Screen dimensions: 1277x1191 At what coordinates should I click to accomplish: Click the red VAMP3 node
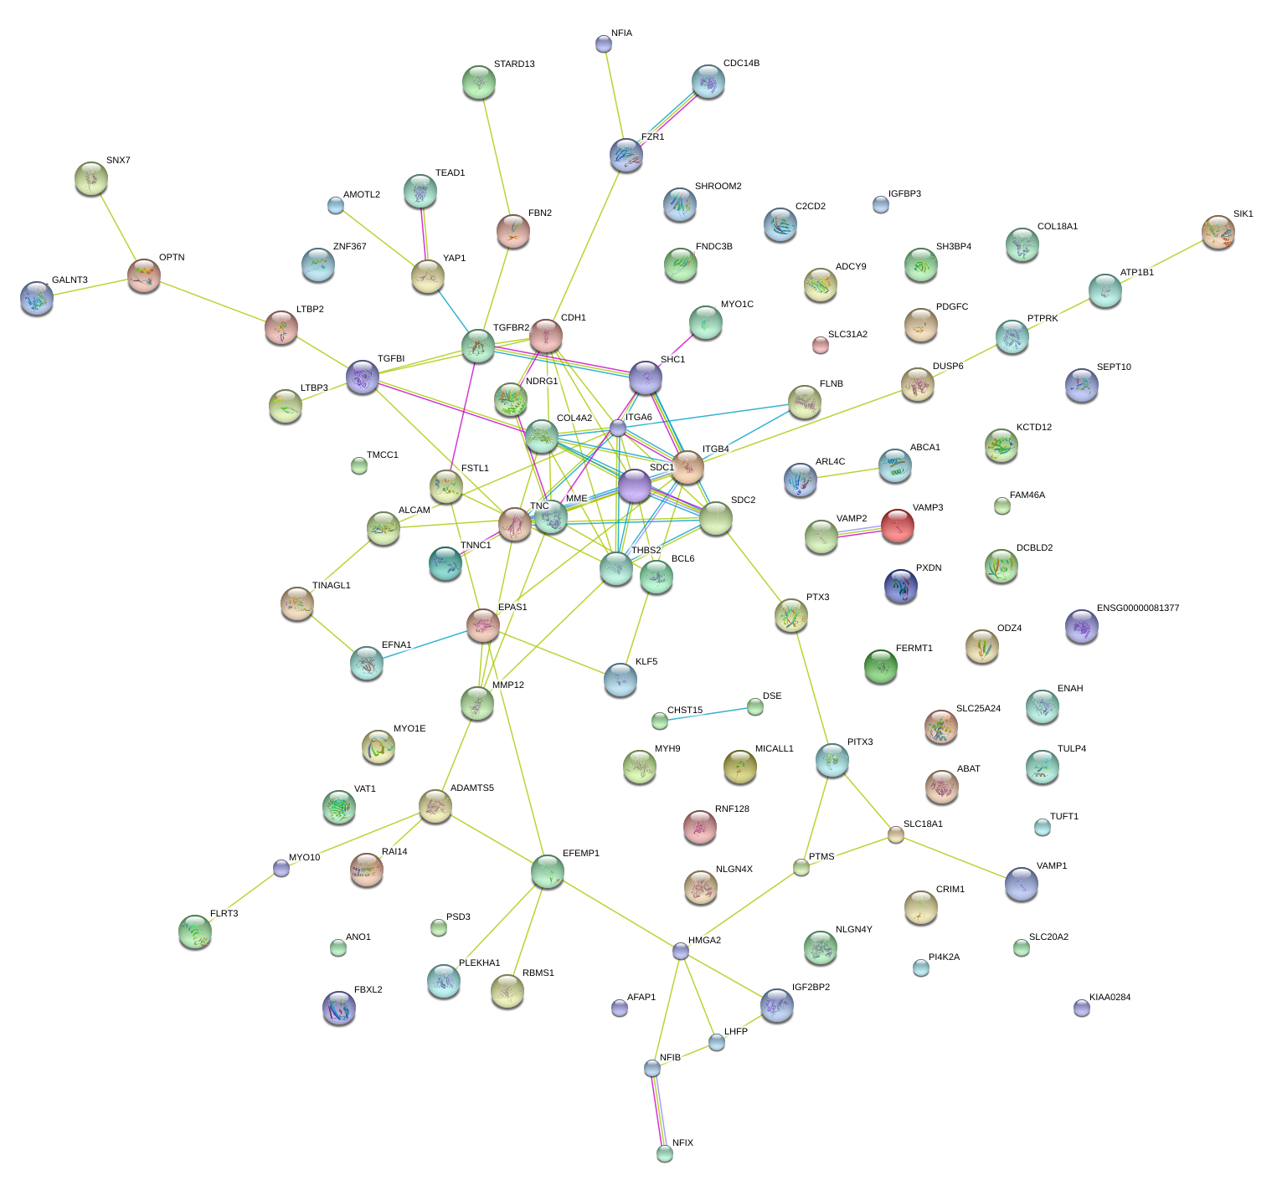[897, 525]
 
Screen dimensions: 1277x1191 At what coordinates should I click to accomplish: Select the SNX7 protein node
[90, 177]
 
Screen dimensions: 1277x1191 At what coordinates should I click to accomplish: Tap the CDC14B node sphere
[708, 81]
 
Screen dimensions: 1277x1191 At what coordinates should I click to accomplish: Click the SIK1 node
[1218, 231]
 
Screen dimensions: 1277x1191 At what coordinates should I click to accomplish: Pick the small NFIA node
[603, 44]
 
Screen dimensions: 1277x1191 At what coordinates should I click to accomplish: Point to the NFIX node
[664, 1153]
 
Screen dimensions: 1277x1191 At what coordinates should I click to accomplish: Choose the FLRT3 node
[195, 931]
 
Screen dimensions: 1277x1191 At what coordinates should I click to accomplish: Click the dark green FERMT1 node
[880, 666]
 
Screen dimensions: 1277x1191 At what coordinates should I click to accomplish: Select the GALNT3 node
[37, 297]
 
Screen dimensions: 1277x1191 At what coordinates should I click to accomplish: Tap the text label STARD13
[514, 64]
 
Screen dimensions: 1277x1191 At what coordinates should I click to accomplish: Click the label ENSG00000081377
[1137, 608]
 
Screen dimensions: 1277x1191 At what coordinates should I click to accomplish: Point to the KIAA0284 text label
[1110, 998]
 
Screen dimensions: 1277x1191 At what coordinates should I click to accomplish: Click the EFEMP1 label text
[580, 854]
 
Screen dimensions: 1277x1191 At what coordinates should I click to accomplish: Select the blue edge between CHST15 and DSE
[708, 714]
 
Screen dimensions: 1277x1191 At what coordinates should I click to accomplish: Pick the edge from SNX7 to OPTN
[117, 226]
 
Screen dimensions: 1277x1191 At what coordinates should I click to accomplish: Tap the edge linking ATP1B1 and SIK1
[1161, 261]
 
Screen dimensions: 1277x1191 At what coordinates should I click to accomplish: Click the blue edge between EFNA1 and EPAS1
[424, 644]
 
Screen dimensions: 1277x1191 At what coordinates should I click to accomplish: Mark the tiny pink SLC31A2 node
[820, 344]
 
